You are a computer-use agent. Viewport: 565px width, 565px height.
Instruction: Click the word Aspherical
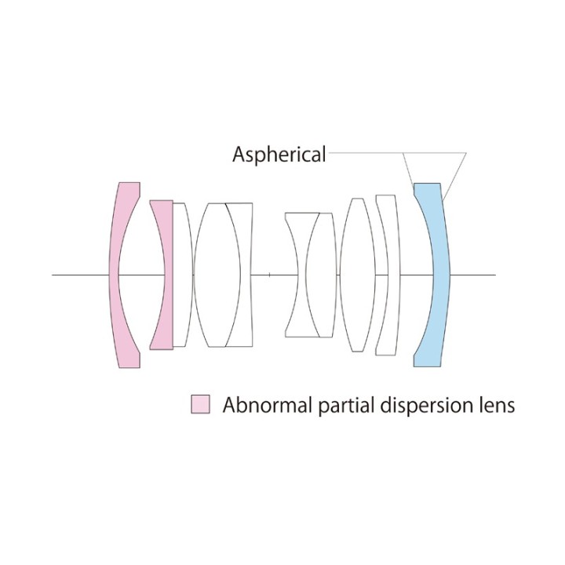279,155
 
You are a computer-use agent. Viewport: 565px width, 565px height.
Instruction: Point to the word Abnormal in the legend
268,405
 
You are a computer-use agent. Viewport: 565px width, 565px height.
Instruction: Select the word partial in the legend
347,406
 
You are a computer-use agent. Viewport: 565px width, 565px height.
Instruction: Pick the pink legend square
200,404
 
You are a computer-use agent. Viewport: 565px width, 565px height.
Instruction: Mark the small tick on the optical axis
269,275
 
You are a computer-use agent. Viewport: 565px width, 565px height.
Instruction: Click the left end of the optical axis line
53,275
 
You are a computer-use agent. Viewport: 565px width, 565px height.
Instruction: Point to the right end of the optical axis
496,275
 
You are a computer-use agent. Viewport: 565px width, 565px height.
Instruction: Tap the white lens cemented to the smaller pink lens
183,275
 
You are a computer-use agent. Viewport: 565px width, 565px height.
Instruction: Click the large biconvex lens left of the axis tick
217,275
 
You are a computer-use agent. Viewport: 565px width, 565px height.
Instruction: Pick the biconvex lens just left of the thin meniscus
357,275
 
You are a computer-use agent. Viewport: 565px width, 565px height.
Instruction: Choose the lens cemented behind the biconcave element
322,275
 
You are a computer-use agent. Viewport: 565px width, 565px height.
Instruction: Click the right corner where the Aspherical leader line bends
466,153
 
